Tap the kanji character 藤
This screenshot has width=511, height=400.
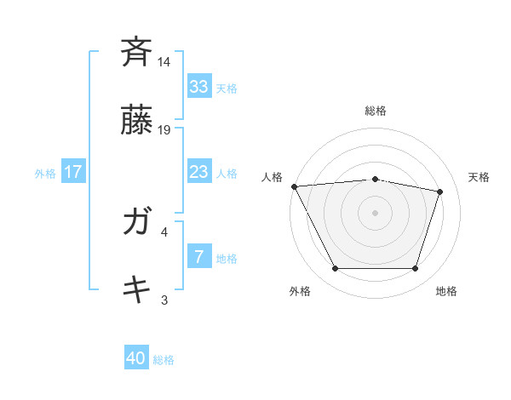(136, 122)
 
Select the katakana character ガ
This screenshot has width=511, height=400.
(136, 222)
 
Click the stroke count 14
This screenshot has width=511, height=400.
(164, 62)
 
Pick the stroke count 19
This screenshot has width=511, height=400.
(164, 130)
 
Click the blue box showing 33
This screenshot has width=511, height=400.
(198, 87)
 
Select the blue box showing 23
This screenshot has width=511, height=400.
(198, 172)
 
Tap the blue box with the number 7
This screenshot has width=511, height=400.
(198, 257)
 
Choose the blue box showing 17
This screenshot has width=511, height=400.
(72, 172)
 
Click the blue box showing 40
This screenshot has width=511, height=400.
(136, 359)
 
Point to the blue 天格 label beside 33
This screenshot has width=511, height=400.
(226, 88)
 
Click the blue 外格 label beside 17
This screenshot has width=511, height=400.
(45, 173)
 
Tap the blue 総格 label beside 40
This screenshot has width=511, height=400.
(164, 360)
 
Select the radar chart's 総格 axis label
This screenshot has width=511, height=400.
(375, 111)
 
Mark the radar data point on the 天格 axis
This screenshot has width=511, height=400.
(440, 191)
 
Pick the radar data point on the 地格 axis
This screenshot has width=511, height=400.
(415, 269)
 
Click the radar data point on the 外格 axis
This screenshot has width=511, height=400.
(335, 269)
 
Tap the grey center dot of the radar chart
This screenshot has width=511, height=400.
(375, 213)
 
